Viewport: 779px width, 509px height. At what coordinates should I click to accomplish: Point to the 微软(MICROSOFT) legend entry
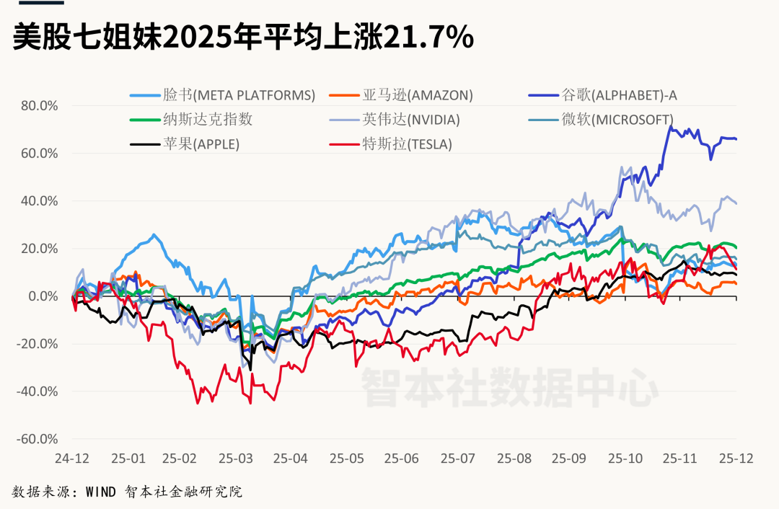(617, 119)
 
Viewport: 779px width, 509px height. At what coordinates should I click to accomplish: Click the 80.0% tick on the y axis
(39, 105)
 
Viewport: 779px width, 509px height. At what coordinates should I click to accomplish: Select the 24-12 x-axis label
(72, 458)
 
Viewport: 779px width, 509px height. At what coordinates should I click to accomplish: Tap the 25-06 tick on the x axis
(402, 458)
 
